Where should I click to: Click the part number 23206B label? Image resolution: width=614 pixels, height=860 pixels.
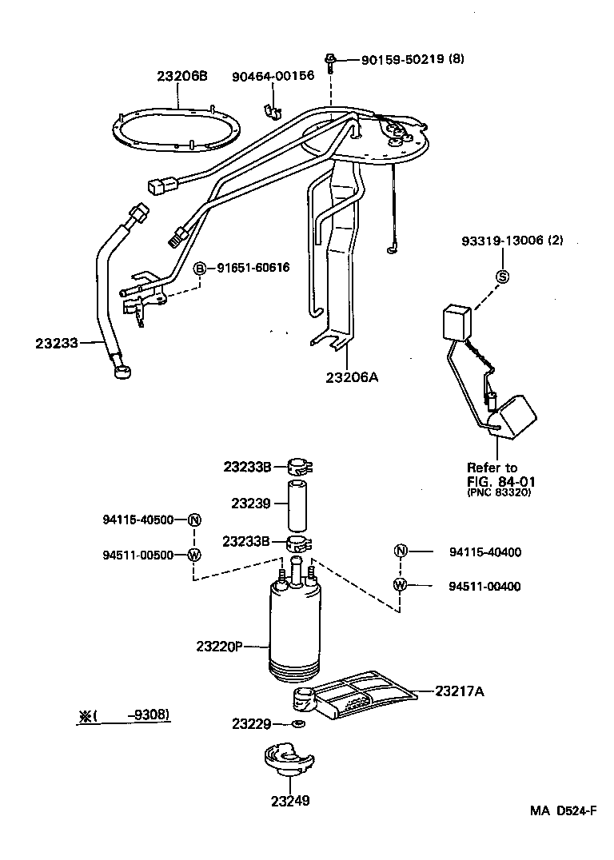tap(181, 76)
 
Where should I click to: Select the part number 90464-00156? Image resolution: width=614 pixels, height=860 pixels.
tap(273, 76)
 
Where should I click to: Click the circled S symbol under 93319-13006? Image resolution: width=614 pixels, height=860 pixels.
tap(504, 277)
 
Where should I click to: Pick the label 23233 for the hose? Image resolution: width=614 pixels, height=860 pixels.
tap(57, 343)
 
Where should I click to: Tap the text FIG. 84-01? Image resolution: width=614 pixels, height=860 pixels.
tap(500, 481)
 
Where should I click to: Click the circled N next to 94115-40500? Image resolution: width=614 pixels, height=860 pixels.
tap(193, 520)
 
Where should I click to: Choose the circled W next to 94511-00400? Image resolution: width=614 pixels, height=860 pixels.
tap(401, 586)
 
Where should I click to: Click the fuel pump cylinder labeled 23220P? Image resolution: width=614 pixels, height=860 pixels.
tap(296, 631)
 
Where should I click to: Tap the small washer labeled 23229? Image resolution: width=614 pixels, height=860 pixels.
tap(298, 724)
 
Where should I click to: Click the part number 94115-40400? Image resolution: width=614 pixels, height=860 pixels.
tap(484, 551)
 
